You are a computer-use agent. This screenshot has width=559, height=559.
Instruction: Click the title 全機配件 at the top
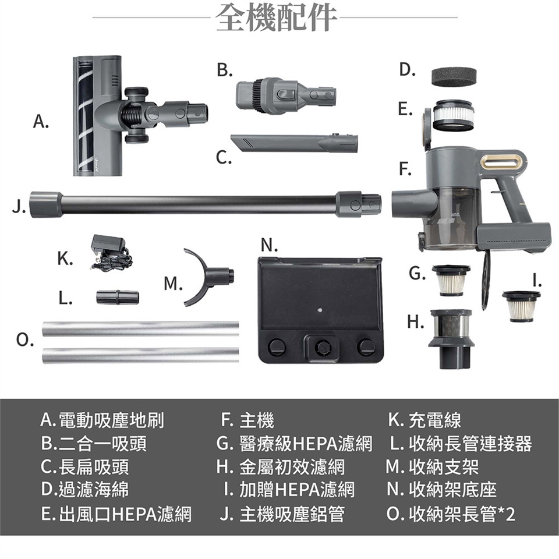pos(276,17)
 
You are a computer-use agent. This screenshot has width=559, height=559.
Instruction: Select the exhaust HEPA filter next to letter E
pos(453,115)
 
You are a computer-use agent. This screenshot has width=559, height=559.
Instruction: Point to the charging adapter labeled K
pos(111,254)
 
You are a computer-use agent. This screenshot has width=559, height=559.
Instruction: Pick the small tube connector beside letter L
pos(117,298)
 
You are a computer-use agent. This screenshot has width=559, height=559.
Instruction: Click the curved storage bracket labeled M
pos(207,277)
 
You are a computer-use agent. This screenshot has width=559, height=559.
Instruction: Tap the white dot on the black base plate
pos(320,310)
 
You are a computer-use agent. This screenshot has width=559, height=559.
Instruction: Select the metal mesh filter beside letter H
pos(452,339)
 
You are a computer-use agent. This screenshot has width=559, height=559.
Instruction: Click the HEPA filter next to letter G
pos(451,280)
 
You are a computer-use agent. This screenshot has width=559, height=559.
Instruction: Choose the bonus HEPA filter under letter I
pos(521,306)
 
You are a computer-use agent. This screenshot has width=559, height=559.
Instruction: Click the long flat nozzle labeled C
pos(294,143)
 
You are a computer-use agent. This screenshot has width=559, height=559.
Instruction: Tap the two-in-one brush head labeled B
pos(285,95)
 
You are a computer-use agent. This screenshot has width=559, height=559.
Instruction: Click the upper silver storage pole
pos(140,328)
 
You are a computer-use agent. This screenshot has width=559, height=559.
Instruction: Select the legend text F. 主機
pos(247,420)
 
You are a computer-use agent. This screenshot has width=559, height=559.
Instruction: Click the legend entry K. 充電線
pos(424,420)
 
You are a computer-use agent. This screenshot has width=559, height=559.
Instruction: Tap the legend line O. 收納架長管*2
pos(451,514)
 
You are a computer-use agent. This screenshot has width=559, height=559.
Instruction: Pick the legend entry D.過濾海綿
pos(84,489)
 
